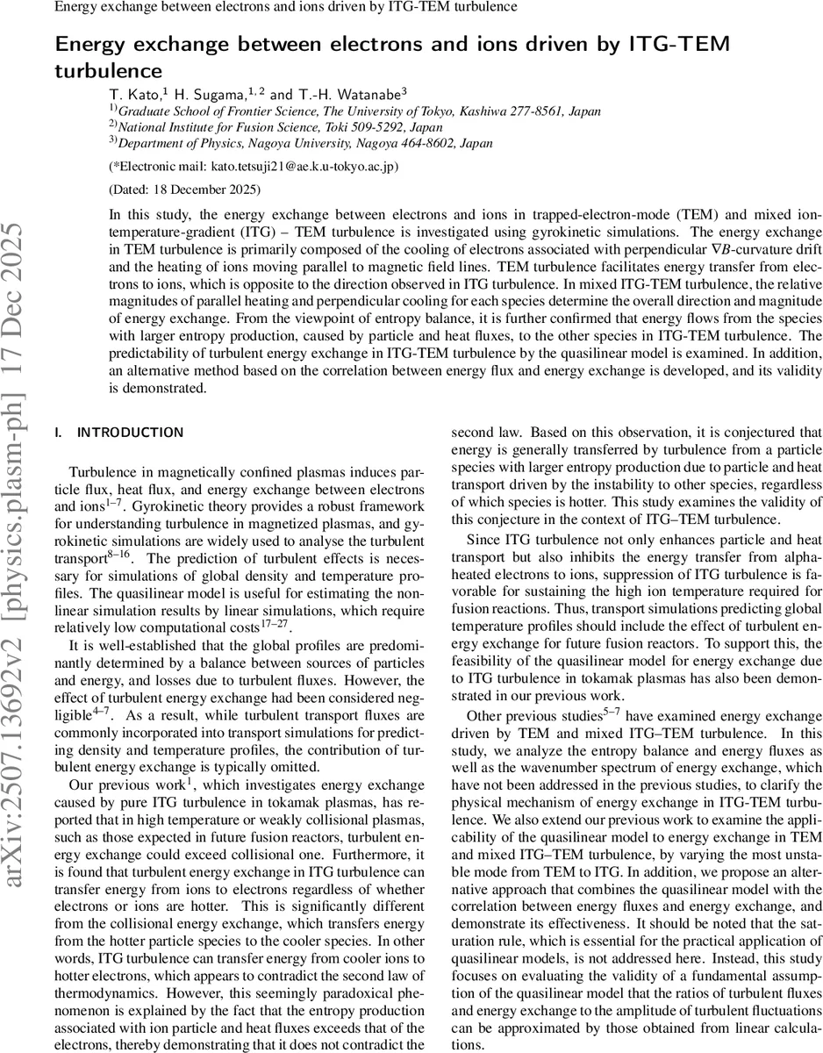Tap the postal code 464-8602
click(x=429, y=143)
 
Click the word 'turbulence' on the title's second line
click(x=110, y=69)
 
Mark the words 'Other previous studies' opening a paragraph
click(x=534, y=741)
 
